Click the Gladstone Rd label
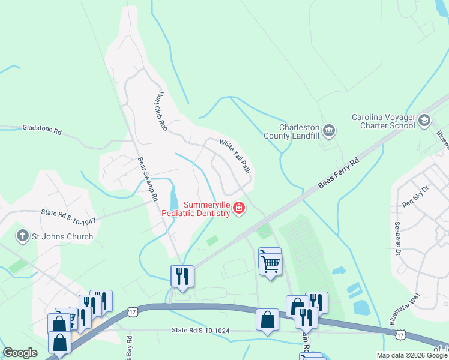[42, 128]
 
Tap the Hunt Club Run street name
[160, 112]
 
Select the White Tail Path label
[235, 157]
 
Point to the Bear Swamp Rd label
[148, 179]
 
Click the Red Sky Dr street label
[417, 197]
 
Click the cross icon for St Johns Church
[23, 236]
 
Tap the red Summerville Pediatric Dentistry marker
[239, 208]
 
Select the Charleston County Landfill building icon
[328, 130]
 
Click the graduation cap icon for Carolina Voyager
[425, 121]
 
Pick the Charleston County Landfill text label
[291, 131]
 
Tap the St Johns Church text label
[62, 236]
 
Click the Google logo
[20, 353]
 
